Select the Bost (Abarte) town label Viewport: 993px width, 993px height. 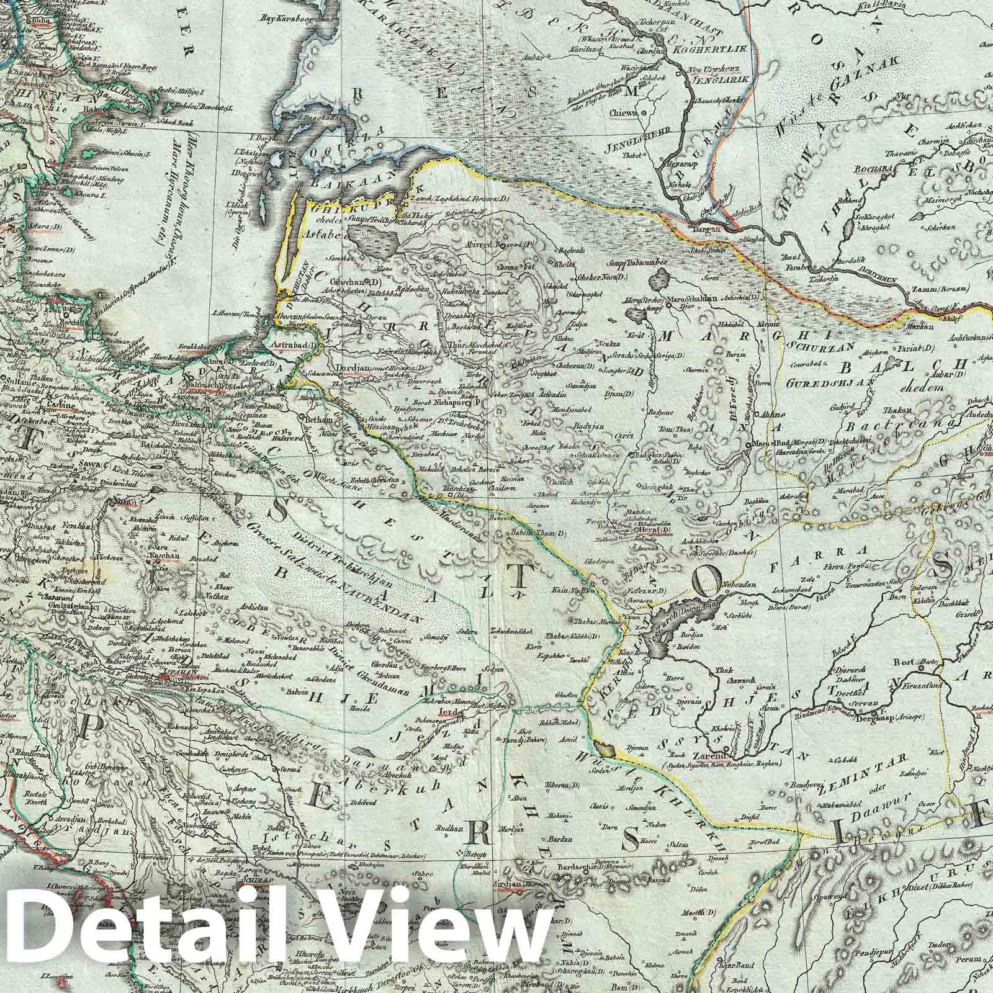click(x=912, y=663)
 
